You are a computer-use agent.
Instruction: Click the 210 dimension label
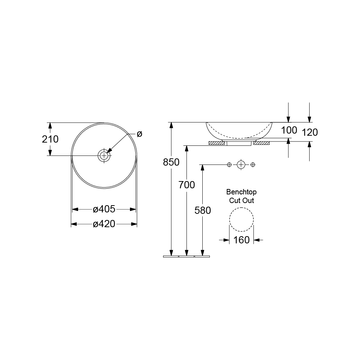click(x=50, y=139)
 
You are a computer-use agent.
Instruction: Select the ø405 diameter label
click(x=104, y=209)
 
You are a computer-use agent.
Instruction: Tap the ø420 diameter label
click(x=104, y=224)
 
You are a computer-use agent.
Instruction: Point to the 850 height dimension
click(x=171, y=162)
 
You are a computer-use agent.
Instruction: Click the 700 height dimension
click(x=186, y=185)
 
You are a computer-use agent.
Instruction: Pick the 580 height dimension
click(x=202, y=210)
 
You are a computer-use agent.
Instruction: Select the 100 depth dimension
click(x=289, y=130)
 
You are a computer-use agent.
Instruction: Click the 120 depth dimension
click(x=310, y=132)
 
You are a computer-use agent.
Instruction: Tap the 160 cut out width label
click(x=241, y=240)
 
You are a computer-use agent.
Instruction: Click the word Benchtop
click(x=241, y=192)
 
